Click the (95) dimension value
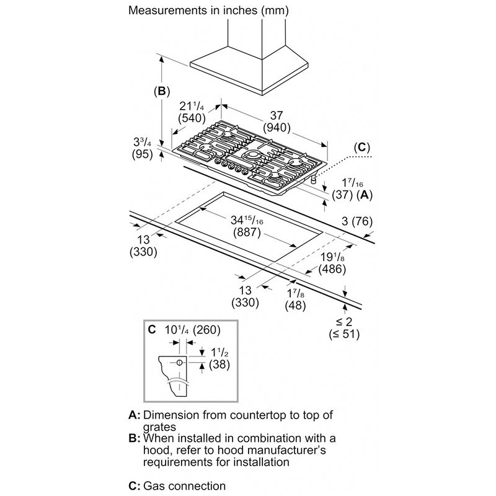[x=142, y=155]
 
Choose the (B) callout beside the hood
[x=161, y=91]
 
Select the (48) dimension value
[x=295, y=304]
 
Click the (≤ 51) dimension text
[x=345, y=334]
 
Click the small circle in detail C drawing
[x=179, y=362]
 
